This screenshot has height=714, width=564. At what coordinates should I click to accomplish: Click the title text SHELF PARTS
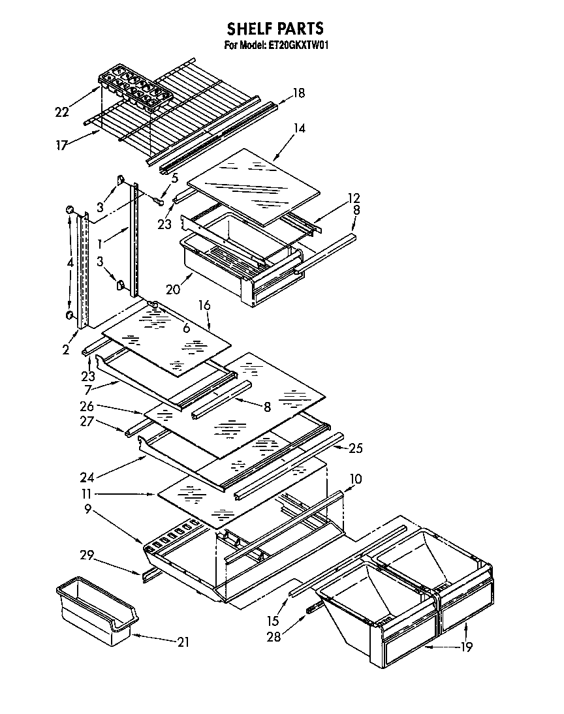275,28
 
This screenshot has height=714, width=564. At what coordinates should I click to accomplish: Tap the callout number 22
62,112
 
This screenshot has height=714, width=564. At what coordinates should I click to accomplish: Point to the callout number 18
298,93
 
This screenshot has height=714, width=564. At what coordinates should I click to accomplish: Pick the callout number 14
299,129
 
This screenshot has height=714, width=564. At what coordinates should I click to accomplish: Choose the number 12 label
353,198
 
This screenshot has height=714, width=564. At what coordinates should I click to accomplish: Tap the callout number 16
204,305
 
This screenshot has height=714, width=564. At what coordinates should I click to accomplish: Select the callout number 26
87,407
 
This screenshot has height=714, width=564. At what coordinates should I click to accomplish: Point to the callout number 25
356,448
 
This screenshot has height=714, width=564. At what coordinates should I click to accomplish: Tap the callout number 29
87,555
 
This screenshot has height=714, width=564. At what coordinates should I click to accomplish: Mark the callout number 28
273,637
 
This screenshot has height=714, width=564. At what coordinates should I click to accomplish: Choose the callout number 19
465,647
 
